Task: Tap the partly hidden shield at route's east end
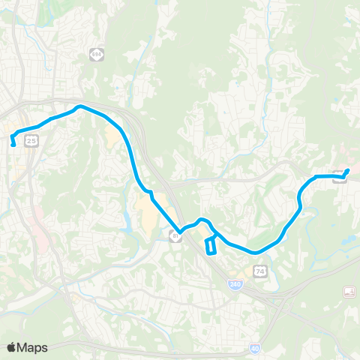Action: (340, 178)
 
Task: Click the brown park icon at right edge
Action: (349, 291)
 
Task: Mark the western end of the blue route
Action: (13, 145)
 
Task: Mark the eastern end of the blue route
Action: (348, 169)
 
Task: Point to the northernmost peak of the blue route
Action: (80, 106)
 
